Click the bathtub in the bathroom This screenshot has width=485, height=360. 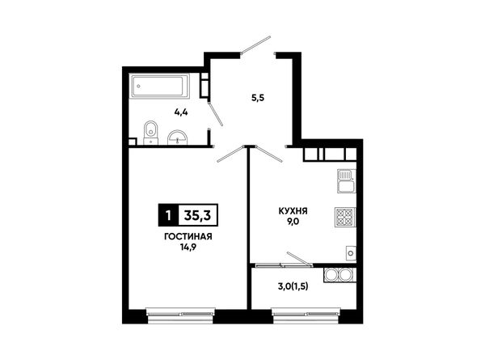159,86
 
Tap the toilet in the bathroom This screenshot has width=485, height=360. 151,132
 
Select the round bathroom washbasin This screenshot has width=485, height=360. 177,138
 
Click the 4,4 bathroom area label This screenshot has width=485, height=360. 181,112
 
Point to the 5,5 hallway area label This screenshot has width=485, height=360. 258,98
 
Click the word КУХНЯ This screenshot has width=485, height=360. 293,211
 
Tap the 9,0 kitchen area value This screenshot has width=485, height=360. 293,222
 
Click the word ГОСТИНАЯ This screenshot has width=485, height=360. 188,237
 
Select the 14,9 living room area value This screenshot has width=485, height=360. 188,247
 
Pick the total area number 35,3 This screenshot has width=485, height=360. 198,215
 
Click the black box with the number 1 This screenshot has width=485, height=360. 168,215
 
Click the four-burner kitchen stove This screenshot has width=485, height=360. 345,217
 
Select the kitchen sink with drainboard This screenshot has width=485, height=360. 347,181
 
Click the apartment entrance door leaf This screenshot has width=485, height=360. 255,44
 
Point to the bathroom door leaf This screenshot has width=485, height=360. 215,113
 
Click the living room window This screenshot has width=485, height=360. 181,314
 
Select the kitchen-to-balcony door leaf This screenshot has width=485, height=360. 299,259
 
